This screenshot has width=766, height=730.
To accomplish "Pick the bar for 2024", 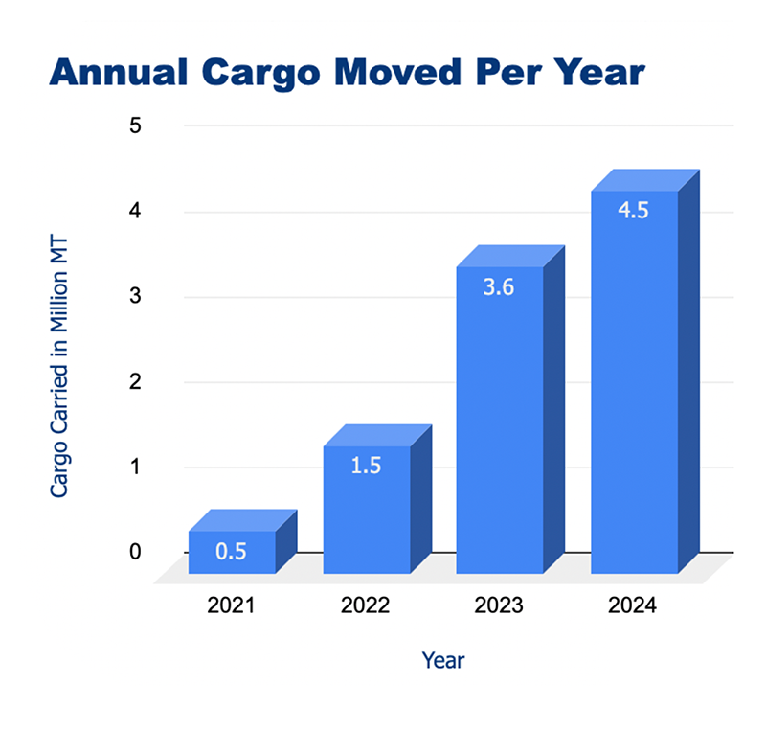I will tap(634, 383).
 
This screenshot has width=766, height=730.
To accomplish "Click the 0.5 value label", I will tap(231, 552).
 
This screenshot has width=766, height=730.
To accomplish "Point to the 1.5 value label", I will tap(367, 468).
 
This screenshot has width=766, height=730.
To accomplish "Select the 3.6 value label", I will tap(499, 287).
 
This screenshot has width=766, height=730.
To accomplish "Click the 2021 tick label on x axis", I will tap(231, 607).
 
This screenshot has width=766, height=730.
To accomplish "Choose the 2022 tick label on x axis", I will tap(366, 607).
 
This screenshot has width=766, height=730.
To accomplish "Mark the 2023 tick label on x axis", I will tap(499, 607).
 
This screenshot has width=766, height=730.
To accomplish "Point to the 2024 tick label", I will tap(633, 607).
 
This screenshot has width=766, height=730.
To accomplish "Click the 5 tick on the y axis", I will tap(135, 125).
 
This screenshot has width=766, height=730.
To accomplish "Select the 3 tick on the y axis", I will tap(135, 296).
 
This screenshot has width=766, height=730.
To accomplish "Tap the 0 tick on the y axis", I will tap(135, 553).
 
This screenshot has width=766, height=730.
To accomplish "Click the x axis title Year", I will tap(443, 661).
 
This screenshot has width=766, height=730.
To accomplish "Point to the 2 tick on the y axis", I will tap(135, 382).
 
